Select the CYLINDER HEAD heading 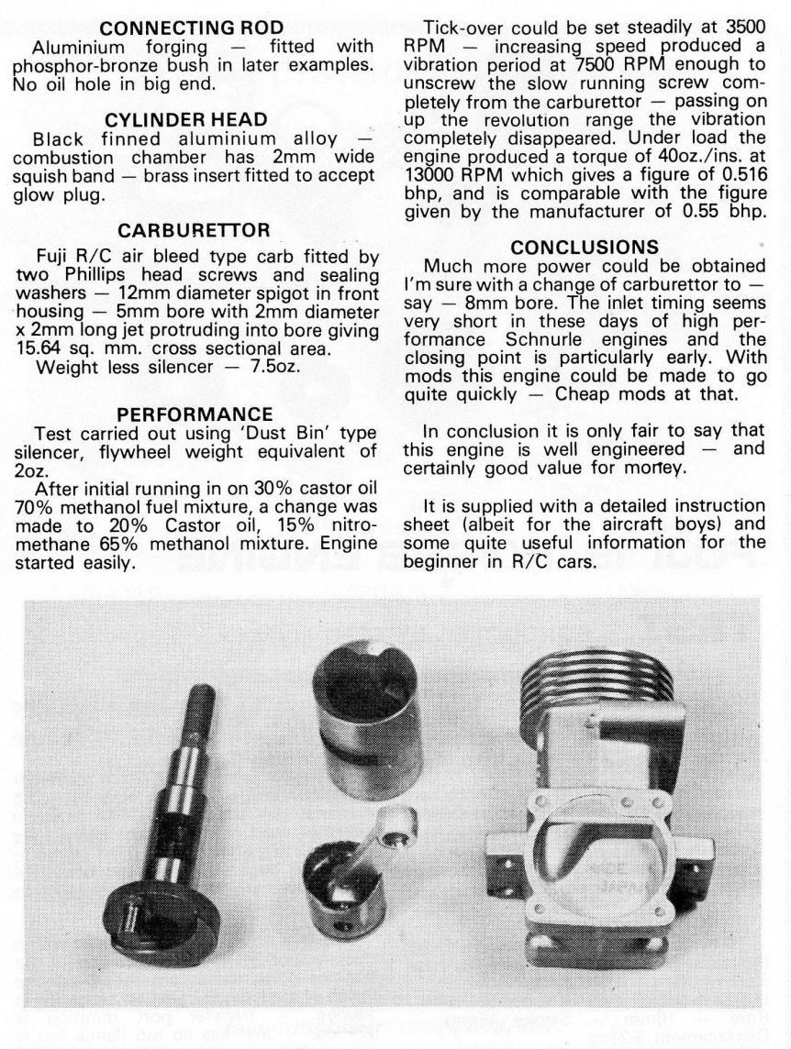click(x=198, y=121)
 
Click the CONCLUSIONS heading click(x=585, y=248)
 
